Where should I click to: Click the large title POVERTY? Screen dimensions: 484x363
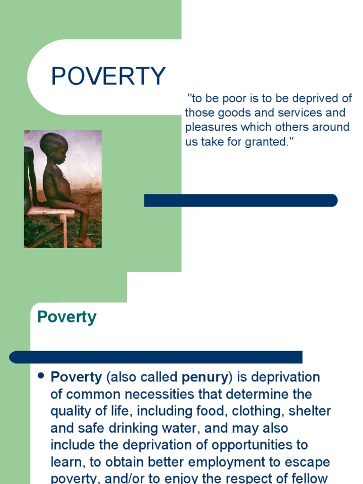108,77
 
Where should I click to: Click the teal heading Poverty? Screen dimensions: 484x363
67,317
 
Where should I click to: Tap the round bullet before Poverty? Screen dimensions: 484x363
41,376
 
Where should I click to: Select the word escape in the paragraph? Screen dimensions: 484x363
307,462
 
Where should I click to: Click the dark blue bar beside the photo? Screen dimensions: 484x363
241,200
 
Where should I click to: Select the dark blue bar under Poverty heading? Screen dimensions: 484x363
156,357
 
